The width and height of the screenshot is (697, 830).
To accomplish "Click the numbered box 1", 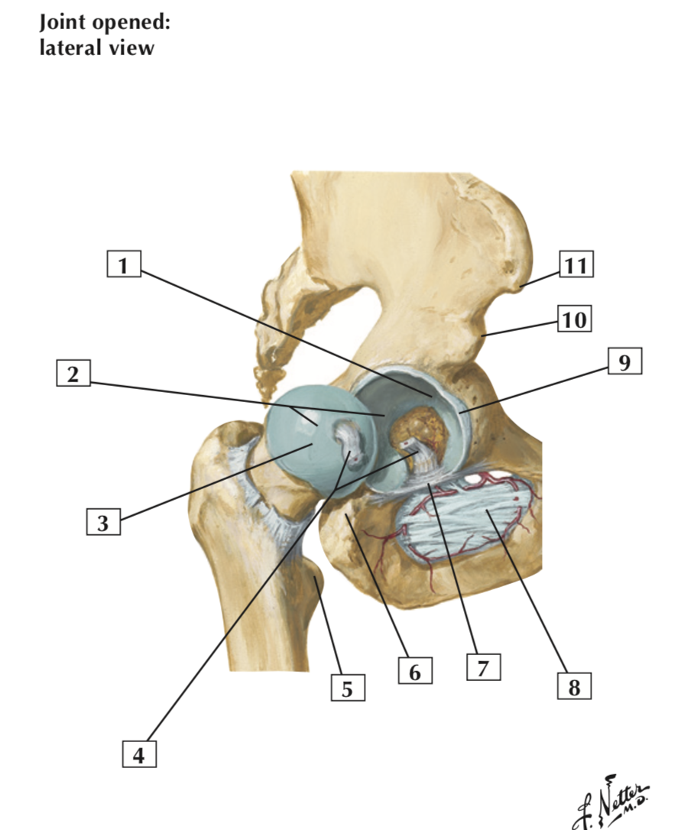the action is click(x=124, y=265).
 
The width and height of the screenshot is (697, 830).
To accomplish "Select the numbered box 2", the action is click(x=73, y=374).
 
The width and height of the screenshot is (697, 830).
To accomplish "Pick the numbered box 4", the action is click(x=138, y=754).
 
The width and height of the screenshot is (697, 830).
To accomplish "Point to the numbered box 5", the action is click(x=347, y=689).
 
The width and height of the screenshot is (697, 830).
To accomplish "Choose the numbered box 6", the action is click(x=415, y=672).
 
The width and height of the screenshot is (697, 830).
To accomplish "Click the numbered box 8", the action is click(x=574, y=687).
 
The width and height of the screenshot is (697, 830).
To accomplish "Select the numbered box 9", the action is click(x=624, y=362).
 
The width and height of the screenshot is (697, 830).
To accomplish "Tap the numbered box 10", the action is click(x=575, y=319).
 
